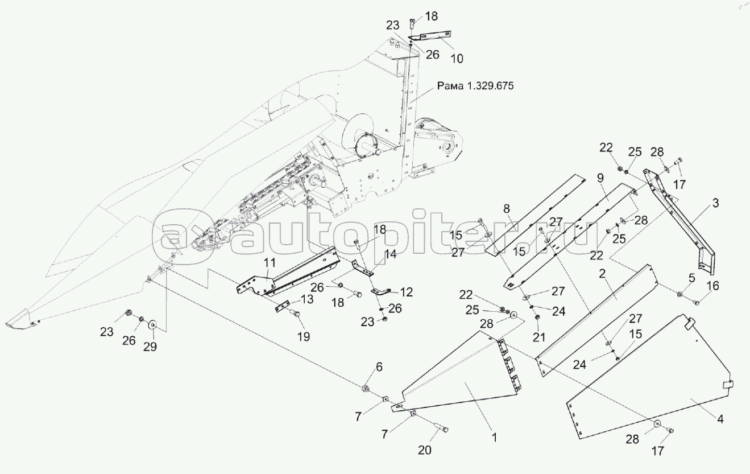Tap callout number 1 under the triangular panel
[x=495, y=438]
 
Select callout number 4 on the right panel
[x=720, y=420]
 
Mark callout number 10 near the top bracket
[x=457, y=58]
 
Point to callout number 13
[x=306, y=299]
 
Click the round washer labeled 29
[x=153, y=325]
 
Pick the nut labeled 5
[x=680, y=294]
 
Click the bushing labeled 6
[x=366, y=388]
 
